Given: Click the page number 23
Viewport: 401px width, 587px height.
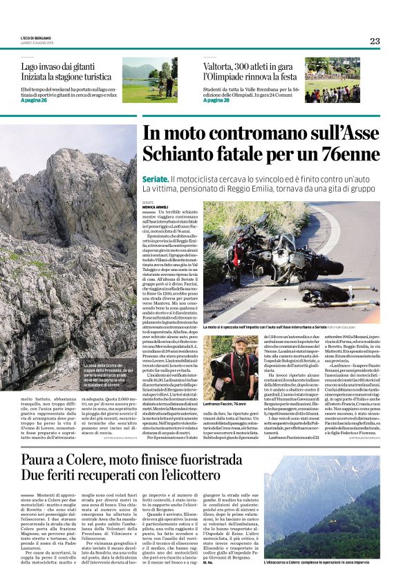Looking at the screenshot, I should pos(375,41).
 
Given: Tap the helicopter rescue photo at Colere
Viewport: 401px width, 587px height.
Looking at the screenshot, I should pos(321,516).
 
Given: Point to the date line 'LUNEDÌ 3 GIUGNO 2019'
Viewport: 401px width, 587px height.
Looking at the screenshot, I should pos(40,43).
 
